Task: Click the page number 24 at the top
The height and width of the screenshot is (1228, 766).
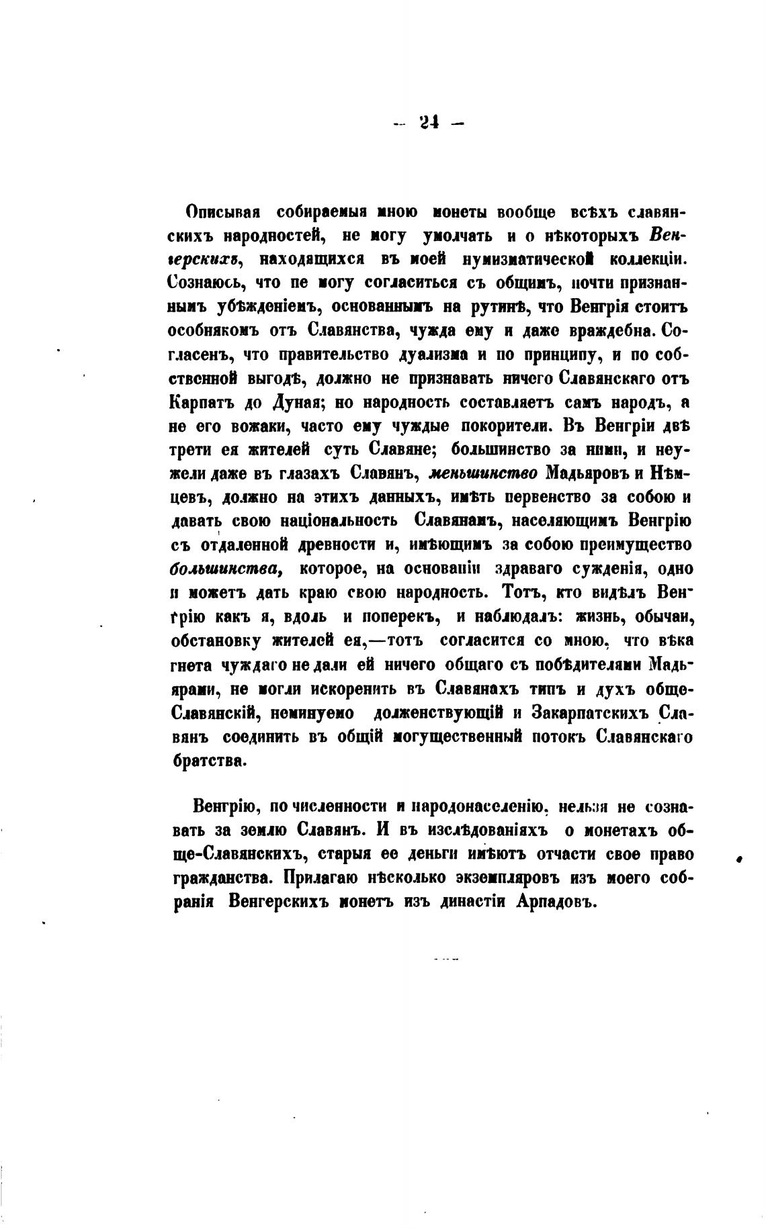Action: (x=427, y=123)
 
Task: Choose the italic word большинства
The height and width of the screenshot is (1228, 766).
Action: (x=224, y=568)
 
